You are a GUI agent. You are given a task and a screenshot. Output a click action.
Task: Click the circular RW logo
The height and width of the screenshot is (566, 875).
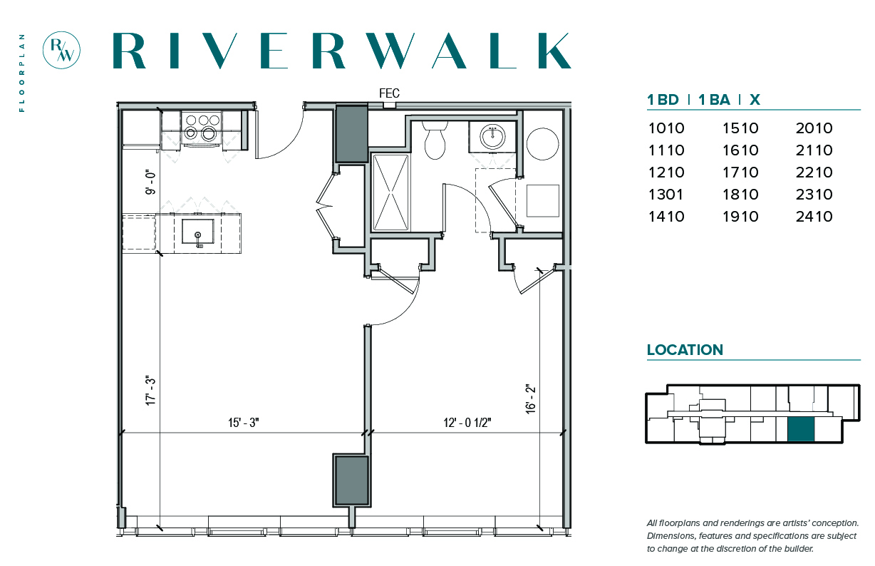click(61, 51)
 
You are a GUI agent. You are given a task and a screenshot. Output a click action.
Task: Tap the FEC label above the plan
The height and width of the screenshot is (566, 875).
click(389, 93)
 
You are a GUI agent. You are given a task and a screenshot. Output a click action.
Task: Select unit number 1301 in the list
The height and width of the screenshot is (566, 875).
click(666, 195)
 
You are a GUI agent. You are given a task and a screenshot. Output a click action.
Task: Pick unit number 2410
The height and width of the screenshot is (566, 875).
click(814, 216)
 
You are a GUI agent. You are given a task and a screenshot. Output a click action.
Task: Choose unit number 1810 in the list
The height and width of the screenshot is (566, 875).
click(740, 195)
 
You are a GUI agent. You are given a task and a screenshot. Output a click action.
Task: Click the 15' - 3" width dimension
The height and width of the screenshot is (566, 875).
click(244, 423)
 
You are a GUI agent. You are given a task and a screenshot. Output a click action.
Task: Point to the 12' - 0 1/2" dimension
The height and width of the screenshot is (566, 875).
click(467, 423)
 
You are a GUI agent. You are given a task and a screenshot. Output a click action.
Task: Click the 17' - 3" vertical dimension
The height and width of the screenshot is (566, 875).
click(150, 391)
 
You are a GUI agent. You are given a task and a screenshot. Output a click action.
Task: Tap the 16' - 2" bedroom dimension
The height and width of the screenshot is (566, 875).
click(530, 398)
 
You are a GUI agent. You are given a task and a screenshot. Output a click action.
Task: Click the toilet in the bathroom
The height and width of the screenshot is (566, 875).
click(435, 140)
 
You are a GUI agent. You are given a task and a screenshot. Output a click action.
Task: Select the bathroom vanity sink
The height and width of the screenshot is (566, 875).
click(492, 137)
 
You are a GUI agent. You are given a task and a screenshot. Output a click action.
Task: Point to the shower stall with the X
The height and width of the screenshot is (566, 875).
click(390, 192)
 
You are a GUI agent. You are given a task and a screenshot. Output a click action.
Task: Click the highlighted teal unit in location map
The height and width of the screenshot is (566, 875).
click(801, 429)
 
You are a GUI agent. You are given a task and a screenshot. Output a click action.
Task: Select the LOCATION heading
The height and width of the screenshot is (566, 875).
click(685, 350)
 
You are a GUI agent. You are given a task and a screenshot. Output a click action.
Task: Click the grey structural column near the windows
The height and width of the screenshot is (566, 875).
click(351, 480)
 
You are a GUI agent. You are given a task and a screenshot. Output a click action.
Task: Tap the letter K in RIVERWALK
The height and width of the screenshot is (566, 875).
click(554, 51)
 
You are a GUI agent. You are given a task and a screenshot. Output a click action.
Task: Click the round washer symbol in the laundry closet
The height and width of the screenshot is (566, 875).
click(542, 143)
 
